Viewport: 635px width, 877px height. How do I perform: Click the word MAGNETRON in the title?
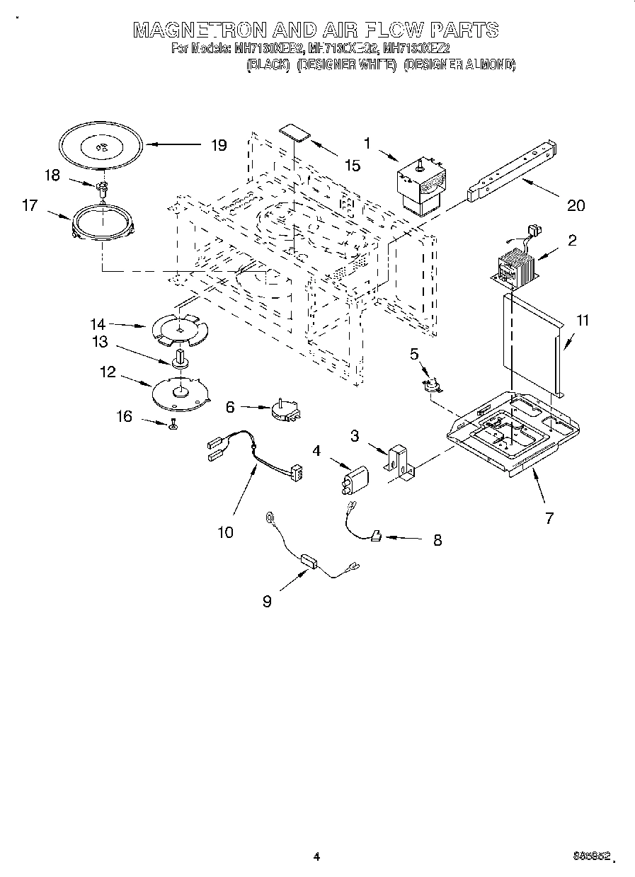pos(200,30)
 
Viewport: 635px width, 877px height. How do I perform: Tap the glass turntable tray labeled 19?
pos(100,147)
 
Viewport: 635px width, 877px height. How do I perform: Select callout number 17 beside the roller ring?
pos(30,206)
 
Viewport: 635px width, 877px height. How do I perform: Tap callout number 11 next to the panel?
pos(582,320)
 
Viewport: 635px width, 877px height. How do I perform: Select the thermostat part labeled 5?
pos(430,384)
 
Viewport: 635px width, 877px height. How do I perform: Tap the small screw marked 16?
pos(172,424)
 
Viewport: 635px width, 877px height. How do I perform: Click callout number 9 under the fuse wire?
pos(266,601)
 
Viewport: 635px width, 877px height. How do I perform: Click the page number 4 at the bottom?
pos(316,856)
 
